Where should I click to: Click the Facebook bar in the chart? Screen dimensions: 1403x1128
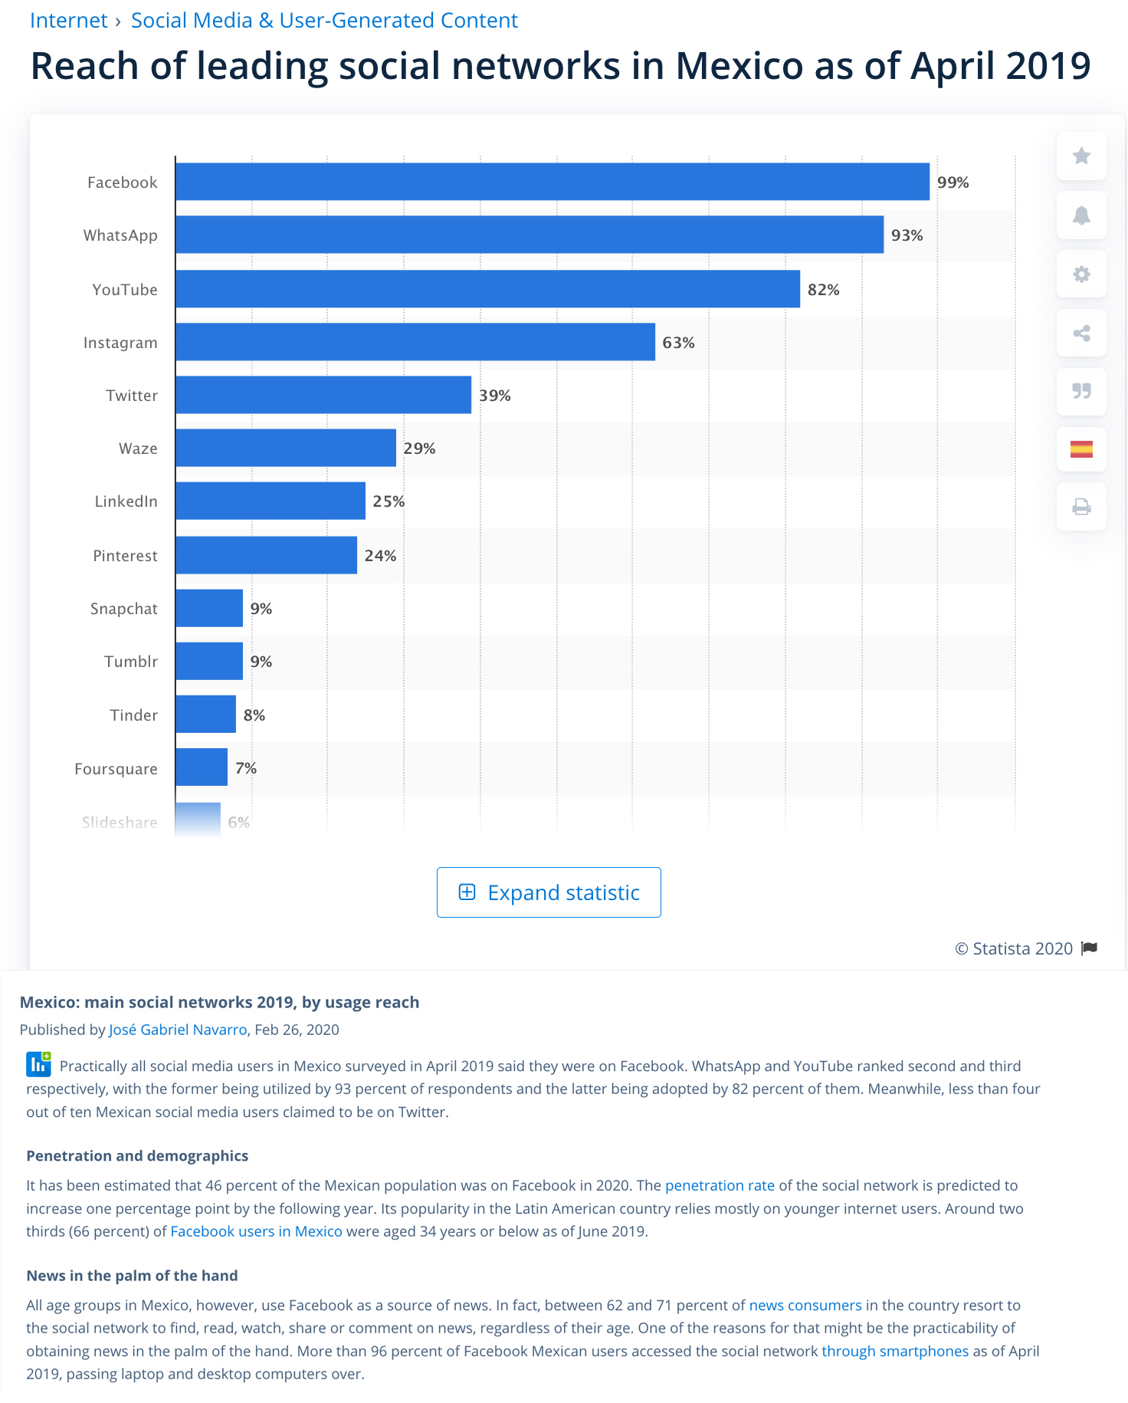tap(552, 182)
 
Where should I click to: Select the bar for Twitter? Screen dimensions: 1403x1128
tap(323, 395)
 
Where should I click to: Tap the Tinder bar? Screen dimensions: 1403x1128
tap(205, 715)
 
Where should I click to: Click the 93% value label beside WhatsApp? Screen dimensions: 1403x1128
tap(907, 235)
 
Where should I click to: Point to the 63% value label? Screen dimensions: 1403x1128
tap(678, 343)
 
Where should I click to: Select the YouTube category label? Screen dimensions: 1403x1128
tap(125, 290)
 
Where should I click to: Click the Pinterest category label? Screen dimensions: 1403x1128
tap(125, 556)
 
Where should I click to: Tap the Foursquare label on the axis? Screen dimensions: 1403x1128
tap(116, 769)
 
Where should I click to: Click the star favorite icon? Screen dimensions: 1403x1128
tap(1081, 156)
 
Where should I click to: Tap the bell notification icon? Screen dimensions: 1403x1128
tap(1081, 215)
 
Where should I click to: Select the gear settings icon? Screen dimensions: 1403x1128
tap(1081, 274)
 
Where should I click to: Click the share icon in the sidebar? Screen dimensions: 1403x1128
tap(1081, 333)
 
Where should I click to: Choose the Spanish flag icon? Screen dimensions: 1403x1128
tap(1081, 449)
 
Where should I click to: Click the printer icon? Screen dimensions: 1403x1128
tap(1081, 507)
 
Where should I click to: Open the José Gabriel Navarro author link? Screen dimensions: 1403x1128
tap(178, 1030)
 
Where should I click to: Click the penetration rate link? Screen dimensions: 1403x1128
tap(720, 1185)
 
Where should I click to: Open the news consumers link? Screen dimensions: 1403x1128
tap(805, 1305)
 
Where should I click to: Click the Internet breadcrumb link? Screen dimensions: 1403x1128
tap(68, 21)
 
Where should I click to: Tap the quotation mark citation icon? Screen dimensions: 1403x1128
tap(1081, 391)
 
